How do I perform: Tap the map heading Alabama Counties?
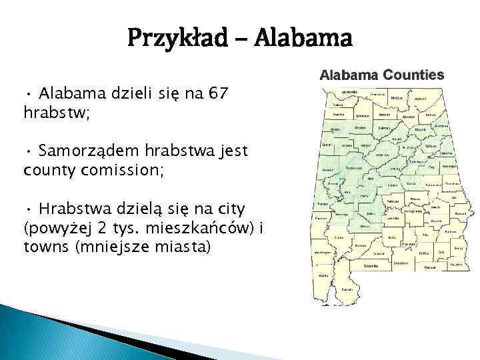pos(381,75)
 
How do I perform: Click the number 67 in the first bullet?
pos(217,94)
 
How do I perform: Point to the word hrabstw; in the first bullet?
pos(57,113)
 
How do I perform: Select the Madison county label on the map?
pos(397,97)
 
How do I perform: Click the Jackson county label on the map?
pos(421,98)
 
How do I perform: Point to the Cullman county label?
pos(383,127)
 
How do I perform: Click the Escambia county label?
pos(371,265)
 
